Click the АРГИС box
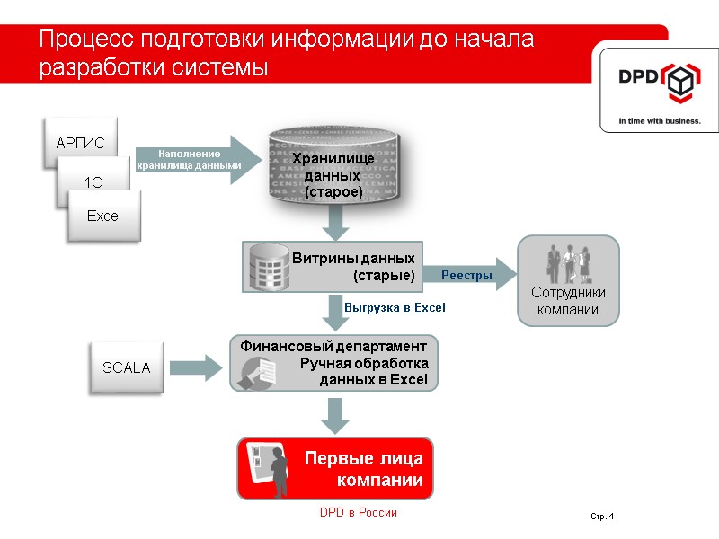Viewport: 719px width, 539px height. point(80,142)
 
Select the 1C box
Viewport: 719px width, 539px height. point(93,182)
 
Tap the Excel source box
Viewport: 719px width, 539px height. point(103,216)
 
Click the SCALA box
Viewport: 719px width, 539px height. point(126,367)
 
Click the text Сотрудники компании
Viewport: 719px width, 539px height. point(568,301)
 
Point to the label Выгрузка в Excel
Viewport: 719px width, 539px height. point(395,307)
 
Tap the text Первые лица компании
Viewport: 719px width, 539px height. point(364,470)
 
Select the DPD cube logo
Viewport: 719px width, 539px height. point(680,83)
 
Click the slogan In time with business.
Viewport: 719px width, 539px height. point(659,120)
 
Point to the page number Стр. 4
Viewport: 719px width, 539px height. point(601,516)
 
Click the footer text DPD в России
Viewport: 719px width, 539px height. point(358,512)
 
